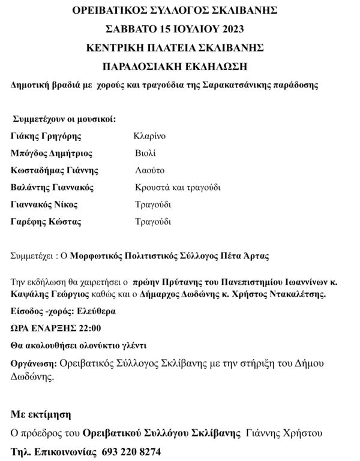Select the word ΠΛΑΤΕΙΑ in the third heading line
click(x=180, y=47)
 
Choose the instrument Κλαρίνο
click(x=149, y=136)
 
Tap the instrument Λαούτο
click(x=149, y=170)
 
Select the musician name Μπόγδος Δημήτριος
click(x=52, y=153)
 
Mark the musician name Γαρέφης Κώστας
click(x=46, y=222)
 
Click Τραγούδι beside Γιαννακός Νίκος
click(x=153, y=204)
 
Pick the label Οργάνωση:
click(x=34, y=363)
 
